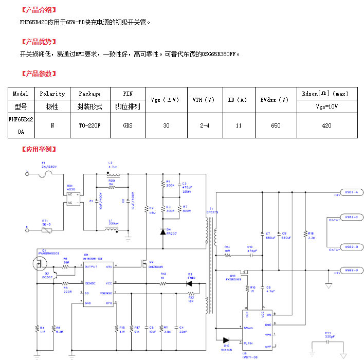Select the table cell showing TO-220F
89,125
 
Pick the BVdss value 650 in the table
276,125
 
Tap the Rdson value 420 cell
326,125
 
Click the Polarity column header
52,94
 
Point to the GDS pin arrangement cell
128,125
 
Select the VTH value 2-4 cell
205,125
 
